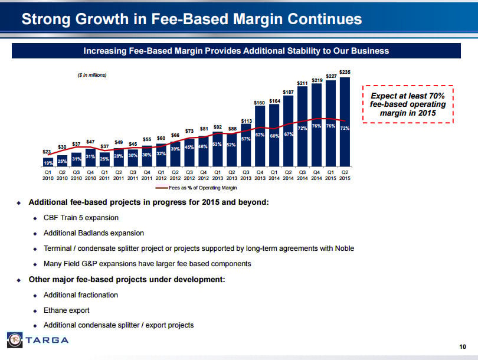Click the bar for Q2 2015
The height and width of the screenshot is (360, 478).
[345, 121]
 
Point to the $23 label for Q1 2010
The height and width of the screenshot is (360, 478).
[47, 152]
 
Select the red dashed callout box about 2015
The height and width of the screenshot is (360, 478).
[408, 104]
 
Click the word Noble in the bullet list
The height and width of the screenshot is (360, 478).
[343, 248]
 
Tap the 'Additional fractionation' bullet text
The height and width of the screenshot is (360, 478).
[81, 294]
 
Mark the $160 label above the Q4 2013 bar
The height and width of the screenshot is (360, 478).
[260, 103]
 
